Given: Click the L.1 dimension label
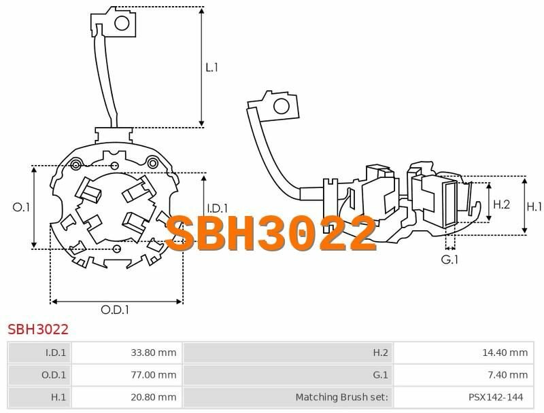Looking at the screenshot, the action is (211, 67).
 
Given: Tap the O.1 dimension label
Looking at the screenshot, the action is (21, 207).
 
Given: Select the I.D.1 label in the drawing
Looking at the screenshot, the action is (217, 209).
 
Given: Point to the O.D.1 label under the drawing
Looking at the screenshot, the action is (115, 309).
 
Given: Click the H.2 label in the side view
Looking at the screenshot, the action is (501, 204).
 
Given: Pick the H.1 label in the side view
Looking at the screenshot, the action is (534, 207).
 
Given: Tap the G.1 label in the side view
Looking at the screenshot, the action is (449, 259).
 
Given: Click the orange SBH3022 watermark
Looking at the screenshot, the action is (271, 233).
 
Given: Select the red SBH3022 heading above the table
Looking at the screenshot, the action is (38, 329).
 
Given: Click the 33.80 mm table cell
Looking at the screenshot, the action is (154, 353).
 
